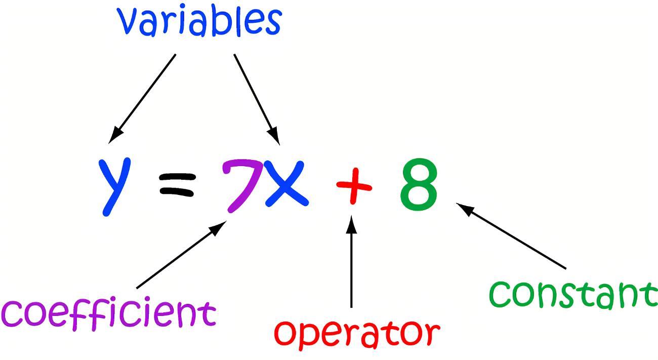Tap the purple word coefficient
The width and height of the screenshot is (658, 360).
click(109, 314)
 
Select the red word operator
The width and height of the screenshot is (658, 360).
click(357, 333)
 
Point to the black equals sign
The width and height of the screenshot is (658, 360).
click(177, 184)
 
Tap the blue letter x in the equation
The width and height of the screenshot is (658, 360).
click(286, 183)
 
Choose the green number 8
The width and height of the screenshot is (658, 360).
click(419, 184)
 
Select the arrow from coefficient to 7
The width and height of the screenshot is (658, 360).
click(180, 256)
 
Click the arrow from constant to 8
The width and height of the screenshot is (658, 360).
click(511, 236)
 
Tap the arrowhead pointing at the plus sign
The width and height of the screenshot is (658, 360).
click(352, 224)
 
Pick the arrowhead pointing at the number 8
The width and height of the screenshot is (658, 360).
click(465, 208)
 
